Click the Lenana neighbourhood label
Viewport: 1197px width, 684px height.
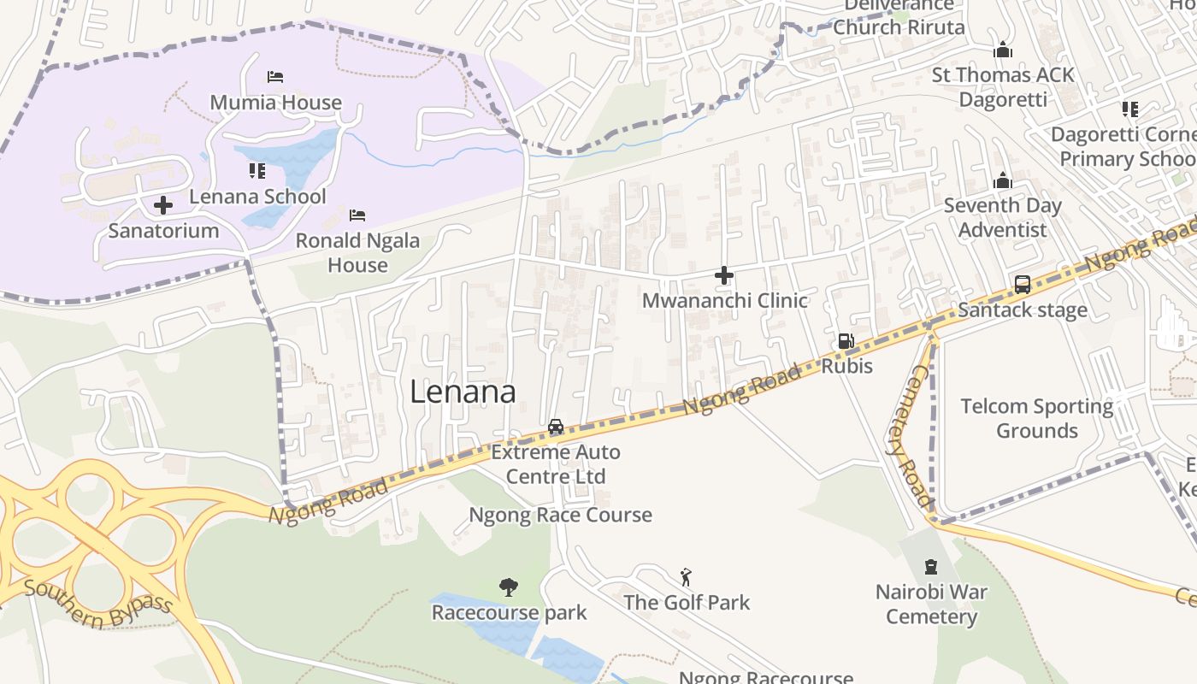(463, 392)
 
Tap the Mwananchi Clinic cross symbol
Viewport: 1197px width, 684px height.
(724, 275)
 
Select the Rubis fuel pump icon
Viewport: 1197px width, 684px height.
(846, 341)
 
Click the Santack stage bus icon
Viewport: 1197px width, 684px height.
(1023, 285)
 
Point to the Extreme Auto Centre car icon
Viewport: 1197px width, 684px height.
(556, 427)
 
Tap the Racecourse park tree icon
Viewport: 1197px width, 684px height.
(509, 587)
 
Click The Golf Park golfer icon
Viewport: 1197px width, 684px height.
(686, 577)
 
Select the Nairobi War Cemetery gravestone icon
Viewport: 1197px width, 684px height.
(931, 566)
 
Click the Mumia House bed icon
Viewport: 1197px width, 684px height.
(275, 77)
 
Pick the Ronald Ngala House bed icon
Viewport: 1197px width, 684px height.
(357, 215)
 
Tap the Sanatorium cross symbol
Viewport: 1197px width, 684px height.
(163, 205)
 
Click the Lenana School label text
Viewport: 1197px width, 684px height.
(257, 197)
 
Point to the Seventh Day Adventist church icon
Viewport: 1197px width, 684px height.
(1003, 180)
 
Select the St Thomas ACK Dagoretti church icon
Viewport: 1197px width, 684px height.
(1003, 50)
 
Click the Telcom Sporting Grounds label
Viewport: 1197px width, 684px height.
(1036, 418)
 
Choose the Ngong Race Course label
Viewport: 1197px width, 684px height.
(560, 515)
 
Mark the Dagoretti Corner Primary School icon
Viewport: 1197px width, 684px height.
(1130, 109)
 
